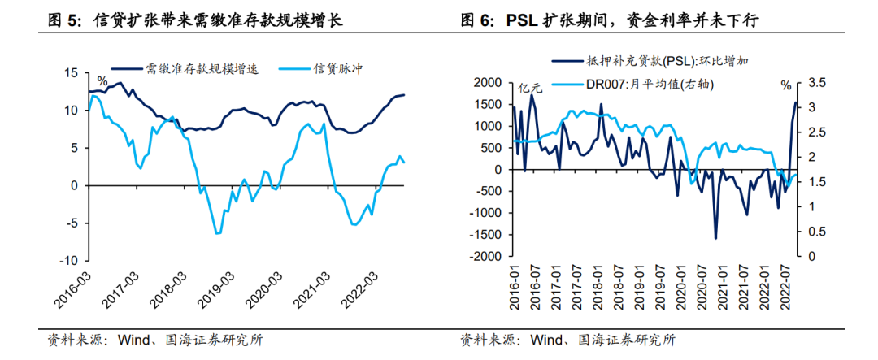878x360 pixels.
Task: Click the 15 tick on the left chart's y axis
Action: pos(72,73)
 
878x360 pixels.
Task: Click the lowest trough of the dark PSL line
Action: pos(716,238)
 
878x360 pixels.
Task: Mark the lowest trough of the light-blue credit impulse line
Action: pos(217,234)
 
